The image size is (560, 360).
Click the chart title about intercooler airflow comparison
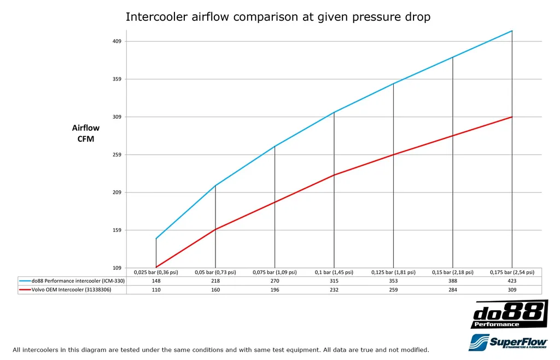click(x=278, y=17)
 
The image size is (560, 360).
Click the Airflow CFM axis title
click(x=86, y=133)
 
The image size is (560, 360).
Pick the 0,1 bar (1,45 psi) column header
click(x=334, y=272)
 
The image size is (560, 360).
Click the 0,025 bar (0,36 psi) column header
click(x=156, y=272)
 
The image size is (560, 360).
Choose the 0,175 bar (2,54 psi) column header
click(x=512, y=272)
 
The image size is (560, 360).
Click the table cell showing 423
click(x=512, y=281)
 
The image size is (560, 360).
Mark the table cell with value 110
click(x=156, y=289)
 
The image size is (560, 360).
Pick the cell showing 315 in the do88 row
click(x=334, y=281)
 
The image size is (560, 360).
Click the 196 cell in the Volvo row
click(x=275, y=289)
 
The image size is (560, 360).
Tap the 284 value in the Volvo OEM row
click(x=452, y=289)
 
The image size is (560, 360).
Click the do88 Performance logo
click(x=509, y=314)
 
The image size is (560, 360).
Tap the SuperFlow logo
click(x=509, y=342)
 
